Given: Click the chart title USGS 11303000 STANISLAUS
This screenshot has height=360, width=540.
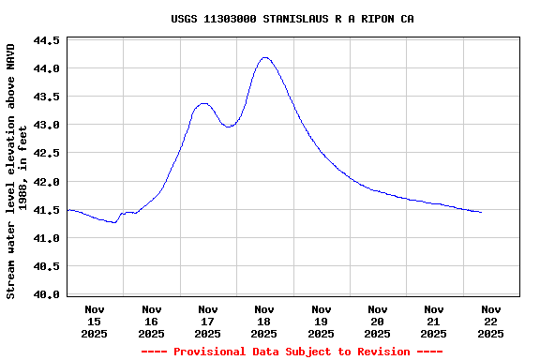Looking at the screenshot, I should tap(292, 19).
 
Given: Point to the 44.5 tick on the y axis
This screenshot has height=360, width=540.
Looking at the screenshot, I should tap(47, 41).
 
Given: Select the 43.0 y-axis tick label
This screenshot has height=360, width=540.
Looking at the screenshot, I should tap(47, 126).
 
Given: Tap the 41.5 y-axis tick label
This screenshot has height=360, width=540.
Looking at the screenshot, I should tap(47, 210).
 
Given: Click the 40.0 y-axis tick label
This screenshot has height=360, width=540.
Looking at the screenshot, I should tap(47, 294).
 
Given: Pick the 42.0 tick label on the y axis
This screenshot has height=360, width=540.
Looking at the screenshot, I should tap(47, 182).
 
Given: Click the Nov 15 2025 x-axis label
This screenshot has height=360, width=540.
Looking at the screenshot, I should tap(95, 321).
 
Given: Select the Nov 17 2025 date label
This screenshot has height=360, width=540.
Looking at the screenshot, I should tap(208, 321).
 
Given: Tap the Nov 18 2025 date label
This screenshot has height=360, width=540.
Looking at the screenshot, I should tap(264, 321).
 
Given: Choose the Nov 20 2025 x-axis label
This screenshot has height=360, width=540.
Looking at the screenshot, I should tap(377, 321).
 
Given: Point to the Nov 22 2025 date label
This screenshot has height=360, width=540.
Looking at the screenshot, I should tap(490, 321).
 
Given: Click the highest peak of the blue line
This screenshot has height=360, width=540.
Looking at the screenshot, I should tap(265, 57).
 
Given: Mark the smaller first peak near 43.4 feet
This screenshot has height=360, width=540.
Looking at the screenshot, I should tap(203, 103).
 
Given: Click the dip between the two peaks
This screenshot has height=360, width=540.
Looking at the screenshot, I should tap(228, 127).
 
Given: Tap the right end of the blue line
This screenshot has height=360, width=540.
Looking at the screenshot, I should tap(481, 212).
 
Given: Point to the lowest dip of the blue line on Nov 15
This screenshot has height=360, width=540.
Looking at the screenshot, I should tap(113, 223).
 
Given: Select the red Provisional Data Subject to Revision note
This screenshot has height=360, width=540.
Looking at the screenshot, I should tap(292, 352).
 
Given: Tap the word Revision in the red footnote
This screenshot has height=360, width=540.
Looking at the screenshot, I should tap(380, 352).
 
